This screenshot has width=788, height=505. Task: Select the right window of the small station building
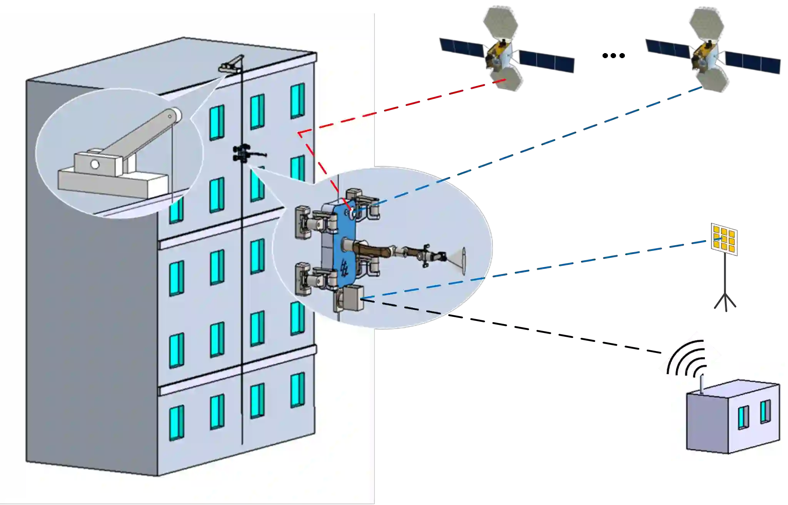coord(765,411)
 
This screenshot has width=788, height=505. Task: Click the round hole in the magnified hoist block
coord(94,164)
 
